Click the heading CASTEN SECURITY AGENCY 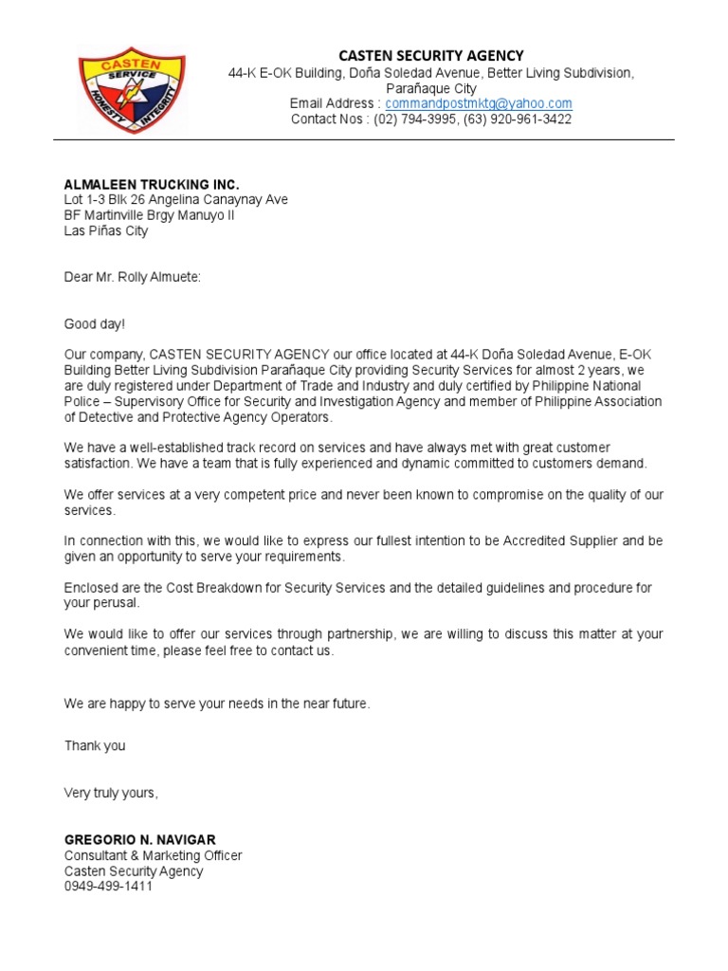pos(431,56)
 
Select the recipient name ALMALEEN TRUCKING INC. pos(152,184)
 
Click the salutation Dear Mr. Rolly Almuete pos(133,277)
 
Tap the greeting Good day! pos(95,323)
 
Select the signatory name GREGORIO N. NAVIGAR pos(140,840)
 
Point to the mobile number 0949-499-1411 pos(108,886)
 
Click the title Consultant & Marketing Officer pos(153,855)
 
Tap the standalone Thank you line pos(95,746)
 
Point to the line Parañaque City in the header pos(431,88)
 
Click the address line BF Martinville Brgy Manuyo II pos(150,215)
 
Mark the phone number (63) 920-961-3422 pos(518,119)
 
